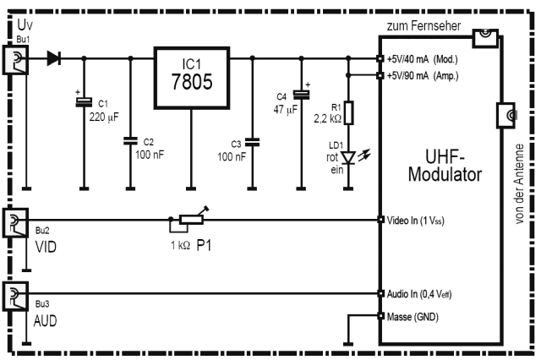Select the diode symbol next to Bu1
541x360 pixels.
(55, 58)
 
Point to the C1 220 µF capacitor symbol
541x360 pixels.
(84, 102)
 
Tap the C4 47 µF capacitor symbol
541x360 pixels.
(299, 95)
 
